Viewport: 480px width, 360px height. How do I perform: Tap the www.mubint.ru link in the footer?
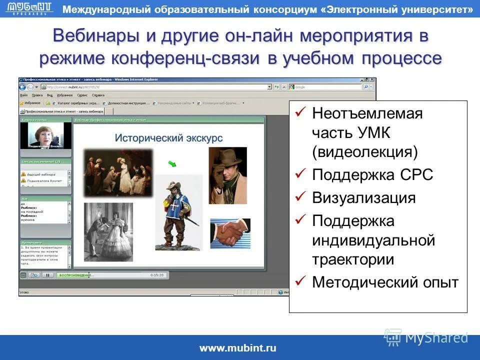tap(237, 348)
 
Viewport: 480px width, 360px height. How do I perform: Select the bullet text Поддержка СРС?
tap(372, 174)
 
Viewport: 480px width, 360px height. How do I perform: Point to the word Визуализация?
tap(363, 197)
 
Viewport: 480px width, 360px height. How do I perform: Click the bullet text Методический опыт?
tap(385, 282)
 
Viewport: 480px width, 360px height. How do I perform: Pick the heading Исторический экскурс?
tap(168, 137)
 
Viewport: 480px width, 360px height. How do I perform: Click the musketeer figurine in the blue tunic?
tap(177, 212)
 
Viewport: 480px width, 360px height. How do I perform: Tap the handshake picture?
tap(230, 233)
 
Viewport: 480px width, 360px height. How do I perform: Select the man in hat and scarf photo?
tap(227, 175)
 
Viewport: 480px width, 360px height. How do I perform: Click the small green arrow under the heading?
tap(172, 163)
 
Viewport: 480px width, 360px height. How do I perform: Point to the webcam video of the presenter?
tap(45, 135)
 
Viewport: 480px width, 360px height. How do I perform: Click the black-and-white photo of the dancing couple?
tap(108, 231)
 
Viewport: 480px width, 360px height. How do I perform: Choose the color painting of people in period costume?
tap(118, 173)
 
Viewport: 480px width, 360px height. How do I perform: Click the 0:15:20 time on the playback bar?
tap(157, 275)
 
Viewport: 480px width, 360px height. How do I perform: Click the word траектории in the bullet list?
tap(353, 259)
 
